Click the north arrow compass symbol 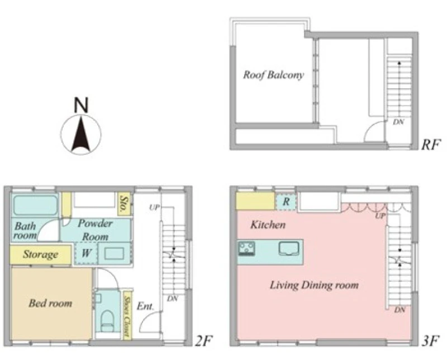click(x=81, y=134)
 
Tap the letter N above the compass click(x=81, y=105)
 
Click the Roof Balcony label click(x=273, y=75)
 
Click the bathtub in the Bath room click(x=35, y=205)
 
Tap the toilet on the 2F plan click(x=107, y=321)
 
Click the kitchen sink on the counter click(x=289, y=248)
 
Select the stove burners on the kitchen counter click(x=247, y=248)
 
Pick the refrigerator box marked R click(x=286, y=202)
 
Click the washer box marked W click(x=86, y=253)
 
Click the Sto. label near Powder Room click(x=124, y=205)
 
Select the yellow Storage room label click(x=40, y=255)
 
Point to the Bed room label click(x=50, y=303)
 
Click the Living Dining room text click(x=314, y=285)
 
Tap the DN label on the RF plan click(x=398, y=122)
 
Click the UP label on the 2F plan click(x=154, y=207)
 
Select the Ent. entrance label click(x=145, y=306)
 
